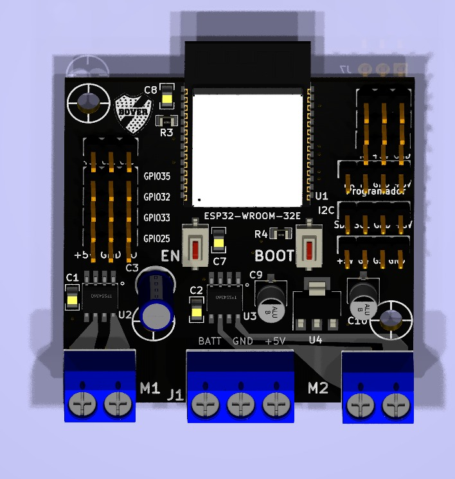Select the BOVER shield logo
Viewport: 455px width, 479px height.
point(134,114)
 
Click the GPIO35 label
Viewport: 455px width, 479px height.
point(157,176)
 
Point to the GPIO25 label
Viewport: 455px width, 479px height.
point(157,238)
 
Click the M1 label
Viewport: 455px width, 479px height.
point(150,388)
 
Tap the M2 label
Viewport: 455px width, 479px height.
point(318,388)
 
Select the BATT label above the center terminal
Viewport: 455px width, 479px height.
point(210,341)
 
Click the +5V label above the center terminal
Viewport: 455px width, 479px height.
point(275,341)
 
